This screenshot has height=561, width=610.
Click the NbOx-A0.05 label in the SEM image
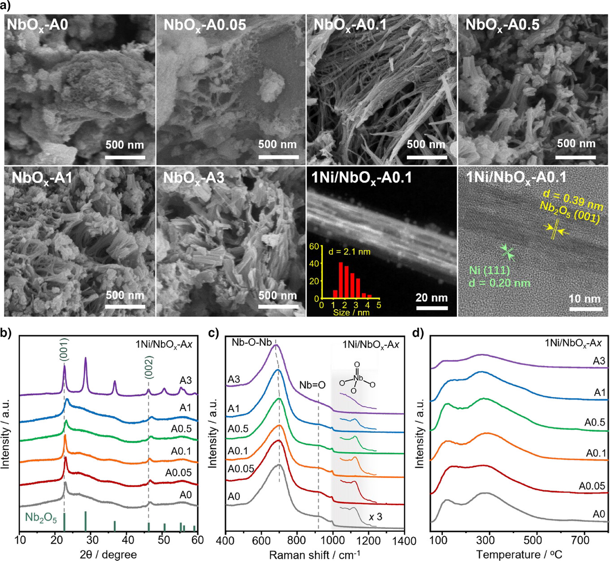(205, 25)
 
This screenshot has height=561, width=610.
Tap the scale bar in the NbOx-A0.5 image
(575, 157)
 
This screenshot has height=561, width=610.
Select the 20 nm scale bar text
(431, 298)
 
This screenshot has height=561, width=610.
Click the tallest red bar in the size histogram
(341, 280)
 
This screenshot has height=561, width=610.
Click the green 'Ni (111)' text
(489, 271)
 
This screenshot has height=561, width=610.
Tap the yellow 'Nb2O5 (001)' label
(570, 212)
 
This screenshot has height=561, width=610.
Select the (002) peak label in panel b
(149, 367)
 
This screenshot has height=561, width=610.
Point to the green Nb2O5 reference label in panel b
(41, 518)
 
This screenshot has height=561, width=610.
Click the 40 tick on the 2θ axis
(127, 539)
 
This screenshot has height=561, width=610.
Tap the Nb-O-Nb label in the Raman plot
(251, 343)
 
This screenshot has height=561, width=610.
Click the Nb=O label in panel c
(312, 385)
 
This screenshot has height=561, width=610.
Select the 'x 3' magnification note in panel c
(376, 517)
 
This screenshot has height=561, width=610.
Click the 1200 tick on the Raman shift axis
(368, 540)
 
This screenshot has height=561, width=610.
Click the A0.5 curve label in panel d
(594, 422)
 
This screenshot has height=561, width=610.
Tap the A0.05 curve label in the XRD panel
(178, 473)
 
